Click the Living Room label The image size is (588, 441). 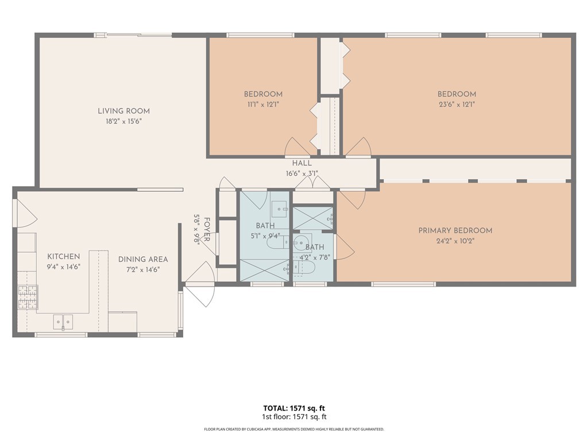coord(124,111)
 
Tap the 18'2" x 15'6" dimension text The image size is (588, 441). coord(124,121)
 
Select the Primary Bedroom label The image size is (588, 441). coord(455,231)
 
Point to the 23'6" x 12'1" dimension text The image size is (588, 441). coord(457,105)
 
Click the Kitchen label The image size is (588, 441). coord(63,257)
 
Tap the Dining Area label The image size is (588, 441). coord(143,259)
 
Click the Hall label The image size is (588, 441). coord(302,163)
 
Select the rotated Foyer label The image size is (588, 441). coord(207,230)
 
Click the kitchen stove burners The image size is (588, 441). coord(28,297)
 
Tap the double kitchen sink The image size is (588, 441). coord(63,322)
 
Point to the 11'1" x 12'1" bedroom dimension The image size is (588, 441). coord(263,105)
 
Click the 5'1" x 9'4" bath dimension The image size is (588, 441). coord(265,236)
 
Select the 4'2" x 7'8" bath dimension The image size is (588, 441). coord(315,257)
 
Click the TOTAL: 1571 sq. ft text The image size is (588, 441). coord(294,408)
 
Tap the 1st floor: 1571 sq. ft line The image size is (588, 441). coord(294,417)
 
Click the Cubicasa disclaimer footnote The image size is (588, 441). coord(294,429)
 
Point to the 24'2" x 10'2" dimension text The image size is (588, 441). coord(455,241)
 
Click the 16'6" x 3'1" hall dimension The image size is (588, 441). coord(302,173)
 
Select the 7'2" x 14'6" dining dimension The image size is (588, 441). coord(143,269)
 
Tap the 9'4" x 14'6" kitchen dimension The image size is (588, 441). coord(63,266)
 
